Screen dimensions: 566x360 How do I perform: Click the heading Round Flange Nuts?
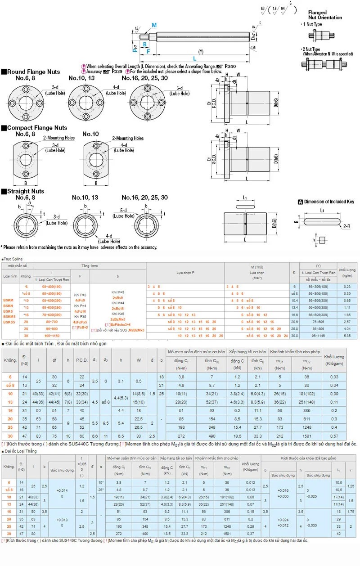pyautogui.click(x=33, y=72)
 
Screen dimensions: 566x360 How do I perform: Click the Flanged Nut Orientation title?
pyautogui.click(x=325, y=15)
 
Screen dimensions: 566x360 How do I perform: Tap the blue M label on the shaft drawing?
pyautogui.click(x=154, y=26)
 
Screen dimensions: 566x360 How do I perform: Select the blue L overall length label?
pyautogui.click(x=194, y=58)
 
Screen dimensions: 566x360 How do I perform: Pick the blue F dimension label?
pyautogui.click(x=148, y=51)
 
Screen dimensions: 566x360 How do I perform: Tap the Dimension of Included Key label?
pyautogui.click(x=329, y=202)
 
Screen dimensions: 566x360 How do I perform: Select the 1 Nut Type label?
pyautogui.click(x=312, y=24)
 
